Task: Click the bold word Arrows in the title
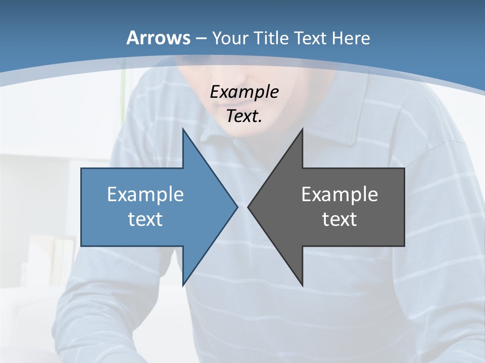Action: click(x=159, y=38)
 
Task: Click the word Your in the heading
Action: click(x=230, y=38)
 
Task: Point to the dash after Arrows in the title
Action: click(x=201, y=38)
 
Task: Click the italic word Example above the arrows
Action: click(x=244, y=92)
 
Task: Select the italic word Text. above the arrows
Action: click(x=244, y=116)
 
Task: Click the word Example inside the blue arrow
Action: click(x=145, y=194)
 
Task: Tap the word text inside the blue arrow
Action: click(x=145, y=219)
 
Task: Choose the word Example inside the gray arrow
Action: click(x=339, y=194)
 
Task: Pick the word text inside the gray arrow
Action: click(x=339, y=219)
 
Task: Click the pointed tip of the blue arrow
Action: click(x=237, y=207)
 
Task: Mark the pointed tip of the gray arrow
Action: click(x=248, y=207)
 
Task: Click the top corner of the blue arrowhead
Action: click(x=183, y=130)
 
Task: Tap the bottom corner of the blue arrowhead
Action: click(x=183, y=285)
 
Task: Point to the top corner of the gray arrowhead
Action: click(x=302, y=130)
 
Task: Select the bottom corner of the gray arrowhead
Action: click(x=302, y=285)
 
